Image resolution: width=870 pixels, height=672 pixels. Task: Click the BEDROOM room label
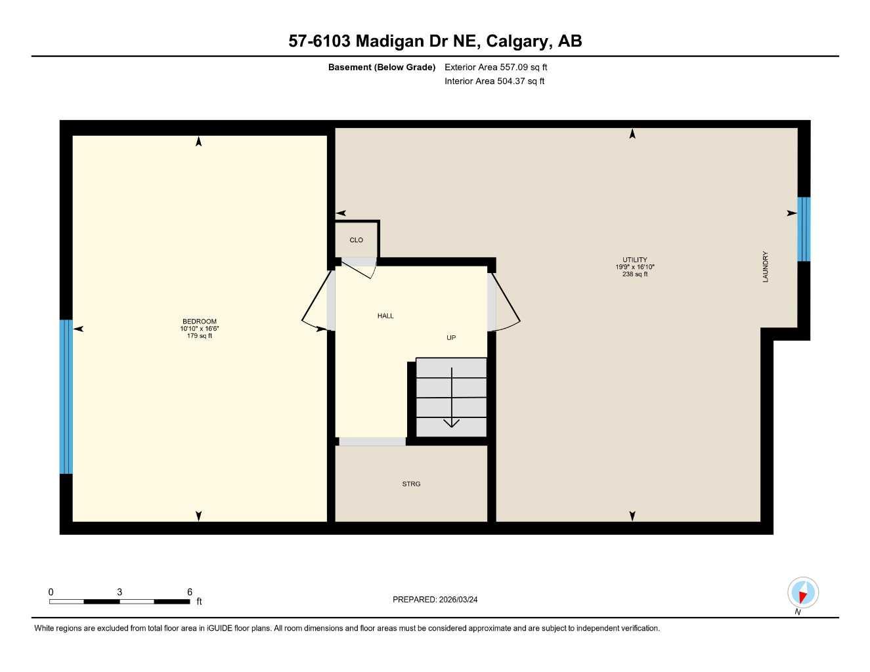pyautogui.click(x=199, y=322)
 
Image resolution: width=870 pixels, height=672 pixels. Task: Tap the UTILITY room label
pyautogui.click(x=635, y=260)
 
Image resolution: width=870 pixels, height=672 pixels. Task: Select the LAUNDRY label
pyautogui.click(x=765, y=267)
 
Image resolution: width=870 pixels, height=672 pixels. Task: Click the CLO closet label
pyautogui.click(x=357, y=240)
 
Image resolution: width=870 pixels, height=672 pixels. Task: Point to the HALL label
pyautogui.click(x=385, y=316)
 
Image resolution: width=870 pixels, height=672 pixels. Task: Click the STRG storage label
pyautogui.click(x=411, y=484)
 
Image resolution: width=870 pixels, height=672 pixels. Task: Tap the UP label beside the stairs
pyautogui.click(x=451, y=338)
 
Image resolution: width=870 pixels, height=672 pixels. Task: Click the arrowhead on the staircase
pyautogui.click(x=452, y=422)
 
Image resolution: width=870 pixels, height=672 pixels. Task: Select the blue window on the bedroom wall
pyautogui.click(x=66, y=396)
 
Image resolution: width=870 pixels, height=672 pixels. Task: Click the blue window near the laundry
pyautogui.click(x=804, y=229)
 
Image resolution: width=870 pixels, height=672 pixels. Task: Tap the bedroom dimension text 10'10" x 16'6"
pyautogui.click(x=199, y=329)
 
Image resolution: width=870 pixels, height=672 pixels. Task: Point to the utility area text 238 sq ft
pyautogui.click(x=635, y=274)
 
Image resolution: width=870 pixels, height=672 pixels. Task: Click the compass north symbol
pyautogui.click(x=802, y=593)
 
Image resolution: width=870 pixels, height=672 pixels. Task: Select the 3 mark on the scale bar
pyautogui.click(x=120, y=592)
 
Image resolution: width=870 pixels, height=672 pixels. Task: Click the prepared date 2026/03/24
pyautogui.click(x=458, y=599)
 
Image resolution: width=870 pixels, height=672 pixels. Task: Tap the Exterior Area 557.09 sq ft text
pyautogui.click(x=496, y=67)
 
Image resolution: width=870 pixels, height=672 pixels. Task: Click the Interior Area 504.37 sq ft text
pyautogui.click(x=494, y=81)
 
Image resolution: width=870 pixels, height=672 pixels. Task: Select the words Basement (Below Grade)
pyautogui.click(x=381, y=67)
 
